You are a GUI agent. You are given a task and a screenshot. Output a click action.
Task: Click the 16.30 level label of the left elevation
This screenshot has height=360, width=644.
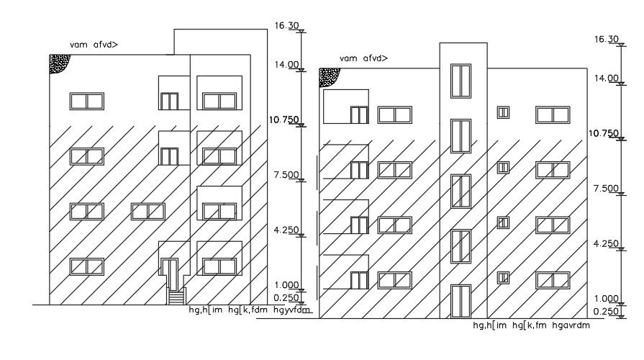286,25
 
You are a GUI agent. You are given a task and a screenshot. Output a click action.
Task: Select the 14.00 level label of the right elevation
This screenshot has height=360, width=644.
606,78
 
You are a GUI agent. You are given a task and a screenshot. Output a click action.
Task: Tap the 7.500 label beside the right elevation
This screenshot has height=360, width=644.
605,189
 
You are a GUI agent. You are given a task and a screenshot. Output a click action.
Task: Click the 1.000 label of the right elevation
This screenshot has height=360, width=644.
606,299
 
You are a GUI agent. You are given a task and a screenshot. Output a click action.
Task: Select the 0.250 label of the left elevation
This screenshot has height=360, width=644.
286,297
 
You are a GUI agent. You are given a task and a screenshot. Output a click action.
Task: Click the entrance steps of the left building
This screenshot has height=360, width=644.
176,296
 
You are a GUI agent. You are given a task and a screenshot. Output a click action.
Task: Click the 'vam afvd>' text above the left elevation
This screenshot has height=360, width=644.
94,45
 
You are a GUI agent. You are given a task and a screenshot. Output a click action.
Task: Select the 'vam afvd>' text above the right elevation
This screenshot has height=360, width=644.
363,58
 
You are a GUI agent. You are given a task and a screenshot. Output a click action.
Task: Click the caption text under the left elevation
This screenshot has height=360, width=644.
249,310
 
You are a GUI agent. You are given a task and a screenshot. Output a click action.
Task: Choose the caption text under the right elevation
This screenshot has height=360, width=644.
531,325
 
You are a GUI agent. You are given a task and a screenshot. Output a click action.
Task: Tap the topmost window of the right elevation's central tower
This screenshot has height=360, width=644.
460,80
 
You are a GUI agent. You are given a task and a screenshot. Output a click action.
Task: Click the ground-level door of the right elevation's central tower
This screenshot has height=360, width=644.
460,301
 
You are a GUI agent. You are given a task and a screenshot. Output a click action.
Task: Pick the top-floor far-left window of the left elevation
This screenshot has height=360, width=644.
86,101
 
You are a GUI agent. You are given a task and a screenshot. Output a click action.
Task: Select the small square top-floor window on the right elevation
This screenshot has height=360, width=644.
503,112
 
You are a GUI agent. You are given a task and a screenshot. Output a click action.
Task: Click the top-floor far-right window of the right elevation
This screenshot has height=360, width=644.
552,114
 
